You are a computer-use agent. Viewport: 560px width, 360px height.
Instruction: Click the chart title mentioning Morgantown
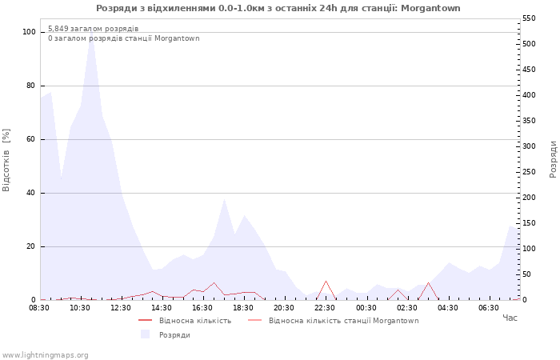click(x=278, y=8)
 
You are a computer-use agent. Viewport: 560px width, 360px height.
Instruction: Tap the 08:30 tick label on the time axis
click(x=39, y=308)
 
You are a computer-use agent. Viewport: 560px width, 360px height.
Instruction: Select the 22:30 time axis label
click(x=325, y=308)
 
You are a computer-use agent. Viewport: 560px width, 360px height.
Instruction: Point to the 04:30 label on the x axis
click(x=447, y=308)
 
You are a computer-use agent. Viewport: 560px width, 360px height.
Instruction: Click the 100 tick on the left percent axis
click(x=29, y=32)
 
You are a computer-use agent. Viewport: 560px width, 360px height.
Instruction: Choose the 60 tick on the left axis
click(x=31, y=139)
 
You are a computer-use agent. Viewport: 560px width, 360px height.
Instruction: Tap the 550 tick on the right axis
click(x=529, y=18)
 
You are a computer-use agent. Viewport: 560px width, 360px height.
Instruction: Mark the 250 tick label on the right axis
click(x=529, y=172)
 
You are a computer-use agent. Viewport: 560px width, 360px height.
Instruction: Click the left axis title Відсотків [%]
click(x=6, y=160)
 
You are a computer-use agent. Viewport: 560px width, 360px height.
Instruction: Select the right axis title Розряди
click(x=553, y=159)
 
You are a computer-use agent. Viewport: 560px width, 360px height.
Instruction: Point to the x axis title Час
click(x=510, y=318)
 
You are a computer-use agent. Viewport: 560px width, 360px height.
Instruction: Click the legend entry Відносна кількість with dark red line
click(x=195, y=321)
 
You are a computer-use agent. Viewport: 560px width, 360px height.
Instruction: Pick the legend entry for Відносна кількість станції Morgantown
click(x=343, y=321)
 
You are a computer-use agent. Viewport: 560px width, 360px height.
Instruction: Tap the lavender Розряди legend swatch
click(x=145, y=334)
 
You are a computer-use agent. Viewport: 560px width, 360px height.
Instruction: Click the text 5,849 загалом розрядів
click(x=94, y=29)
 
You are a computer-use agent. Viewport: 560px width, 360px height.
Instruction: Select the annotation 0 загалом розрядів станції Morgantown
click(x=123, y=38)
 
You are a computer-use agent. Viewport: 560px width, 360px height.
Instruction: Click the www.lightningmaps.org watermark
click(x=44, y=355)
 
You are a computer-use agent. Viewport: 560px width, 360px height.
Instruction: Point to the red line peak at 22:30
click(x=326, y=281)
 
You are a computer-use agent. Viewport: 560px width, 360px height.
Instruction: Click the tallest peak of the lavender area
click(x=91, y=31)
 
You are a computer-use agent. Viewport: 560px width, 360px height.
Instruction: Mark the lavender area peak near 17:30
click(x=224, y=199)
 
